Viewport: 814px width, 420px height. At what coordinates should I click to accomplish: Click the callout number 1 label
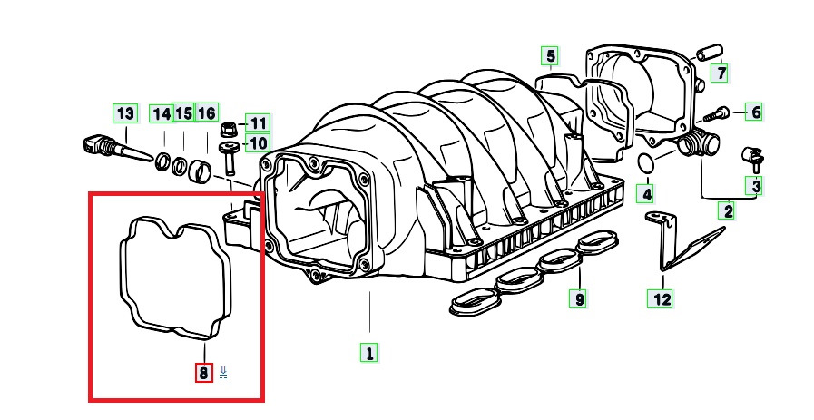click(x=368, y=352)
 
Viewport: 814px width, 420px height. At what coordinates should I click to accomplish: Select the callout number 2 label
click(x=727, y=212)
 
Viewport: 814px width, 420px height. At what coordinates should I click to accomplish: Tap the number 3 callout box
click(x=754, y=187)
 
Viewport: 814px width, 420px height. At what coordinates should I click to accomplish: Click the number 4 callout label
click(x=644, y=193)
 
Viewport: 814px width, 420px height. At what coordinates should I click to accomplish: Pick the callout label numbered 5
click(x=550, y=57)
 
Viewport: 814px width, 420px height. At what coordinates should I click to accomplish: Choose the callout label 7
click(x=720, y=72)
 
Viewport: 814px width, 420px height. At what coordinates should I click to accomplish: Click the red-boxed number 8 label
click(x=203, y=372)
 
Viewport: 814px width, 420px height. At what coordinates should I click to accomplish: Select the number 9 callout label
click(x=578, y=297)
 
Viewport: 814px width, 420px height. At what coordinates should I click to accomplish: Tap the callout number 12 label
click(x=662, y=297)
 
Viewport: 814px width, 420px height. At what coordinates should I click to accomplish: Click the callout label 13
click(x=124, y=113)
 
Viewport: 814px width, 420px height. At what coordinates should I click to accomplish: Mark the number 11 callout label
click(x=258, y=122)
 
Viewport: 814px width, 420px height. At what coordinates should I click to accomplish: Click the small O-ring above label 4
click(x=644, y=163)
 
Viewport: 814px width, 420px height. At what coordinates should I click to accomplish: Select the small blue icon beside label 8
click(x=223, y=372)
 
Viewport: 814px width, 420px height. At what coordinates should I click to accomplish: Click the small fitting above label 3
click(x=752, y=156)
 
